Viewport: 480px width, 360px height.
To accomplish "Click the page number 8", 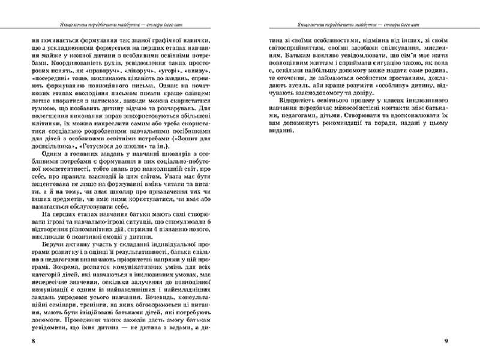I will coord(23,341).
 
